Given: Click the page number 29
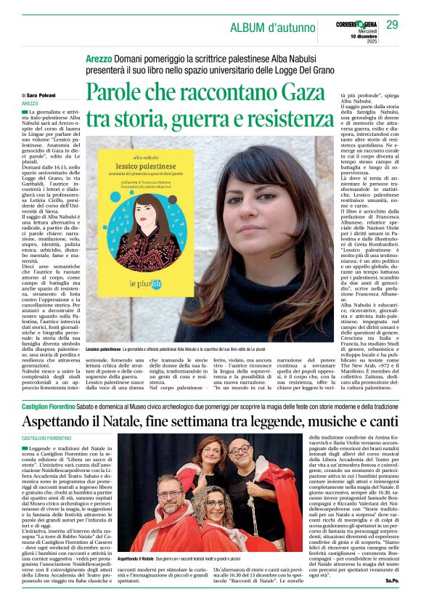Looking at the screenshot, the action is tap(392, 25).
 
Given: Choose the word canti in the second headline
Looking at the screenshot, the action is tap(378, 422).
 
